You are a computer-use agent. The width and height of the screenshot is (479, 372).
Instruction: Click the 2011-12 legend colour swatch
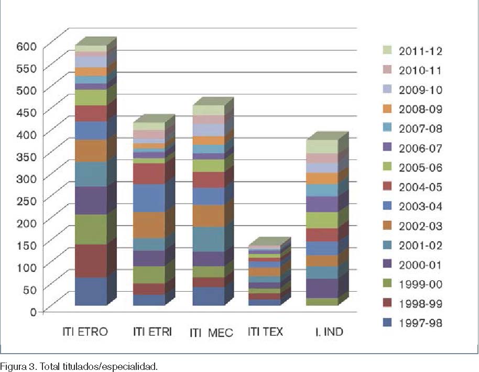click(388, 51)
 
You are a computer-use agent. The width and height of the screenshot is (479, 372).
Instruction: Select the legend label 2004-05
click(420, 187)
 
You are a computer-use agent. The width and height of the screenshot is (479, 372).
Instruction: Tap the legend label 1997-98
click(420, 323)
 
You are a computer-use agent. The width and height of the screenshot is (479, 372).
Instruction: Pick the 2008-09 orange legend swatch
click(388, 109)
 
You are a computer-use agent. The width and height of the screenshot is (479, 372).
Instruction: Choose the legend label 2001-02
click(420, 245)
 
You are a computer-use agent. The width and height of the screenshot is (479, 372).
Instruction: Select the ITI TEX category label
click(265, 332)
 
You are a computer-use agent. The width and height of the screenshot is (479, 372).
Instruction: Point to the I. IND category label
click(325, 332)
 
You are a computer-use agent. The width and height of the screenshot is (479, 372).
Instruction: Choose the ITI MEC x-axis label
click(211, 332)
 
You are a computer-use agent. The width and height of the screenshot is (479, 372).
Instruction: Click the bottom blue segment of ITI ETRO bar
click(91, 291)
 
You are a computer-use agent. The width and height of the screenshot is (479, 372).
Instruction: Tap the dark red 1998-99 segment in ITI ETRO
click(91, 261)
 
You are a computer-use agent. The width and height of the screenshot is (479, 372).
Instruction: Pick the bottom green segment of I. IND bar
click(322, 302)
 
